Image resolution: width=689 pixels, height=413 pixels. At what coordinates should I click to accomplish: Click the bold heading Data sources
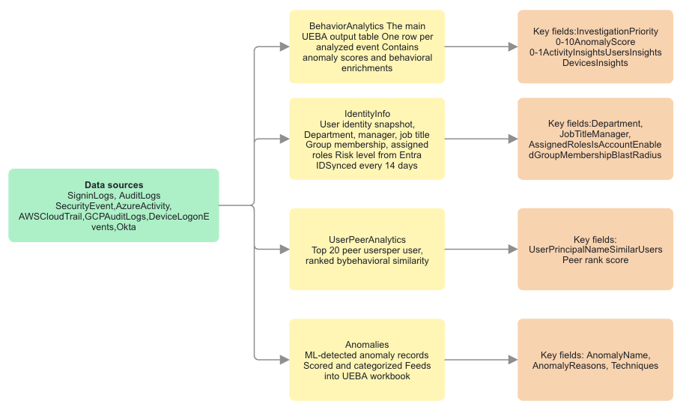pyautogui.click(x=114, y=185)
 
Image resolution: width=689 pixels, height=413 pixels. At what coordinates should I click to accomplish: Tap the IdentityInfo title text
pyautogui.click(x=367, y=114)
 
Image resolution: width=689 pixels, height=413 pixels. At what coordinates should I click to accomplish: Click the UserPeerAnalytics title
pyautogui.click(x=367, y=240)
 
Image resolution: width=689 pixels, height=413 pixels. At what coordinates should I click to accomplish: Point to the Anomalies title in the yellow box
pyautogui.click(x=367, y=345)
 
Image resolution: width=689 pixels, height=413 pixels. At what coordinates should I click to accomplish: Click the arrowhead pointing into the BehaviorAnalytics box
pyautogui.click(x=285, y=46)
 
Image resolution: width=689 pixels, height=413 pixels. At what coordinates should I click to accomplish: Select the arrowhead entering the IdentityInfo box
pyautogui.click(x=285, y=139)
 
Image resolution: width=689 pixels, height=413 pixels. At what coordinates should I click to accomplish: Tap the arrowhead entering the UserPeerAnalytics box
pyautogui.click(x=285, y=250)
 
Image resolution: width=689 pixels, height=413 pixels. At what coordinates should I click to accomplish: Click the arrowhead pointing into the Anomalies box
pyautogui.click(x=285, y=360)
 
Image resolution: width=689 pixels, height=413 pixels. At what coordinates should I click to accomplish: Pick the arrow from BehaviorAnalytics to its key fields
pyautogui.click(x=481, y=46)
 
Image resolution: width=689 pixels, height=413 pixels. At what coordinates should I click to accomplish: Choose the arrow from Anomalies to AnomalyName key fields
pyautogui.click(x=481, y=360)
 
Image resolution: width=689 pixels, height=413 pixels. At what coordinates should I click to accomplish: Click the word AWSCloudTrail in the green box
pyautogui.click(x=50, y=217)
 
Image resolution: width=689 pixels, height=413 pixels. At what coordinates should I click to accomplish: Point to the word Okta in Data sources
pyautogui.click(x=126, y=227)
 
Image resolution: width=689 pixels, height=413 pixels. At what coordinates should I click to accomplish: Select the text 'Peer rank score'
pyautogui.click(x=595, y=260)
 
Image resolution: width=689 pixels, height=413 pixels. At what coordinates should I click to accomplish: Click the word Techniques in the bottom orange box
pyautogui.click(x=634, y=366)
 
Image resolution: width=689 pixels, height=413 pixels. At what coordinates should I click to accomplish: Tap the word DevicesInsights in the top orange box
pyautogui.click(x=595, y=63)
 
